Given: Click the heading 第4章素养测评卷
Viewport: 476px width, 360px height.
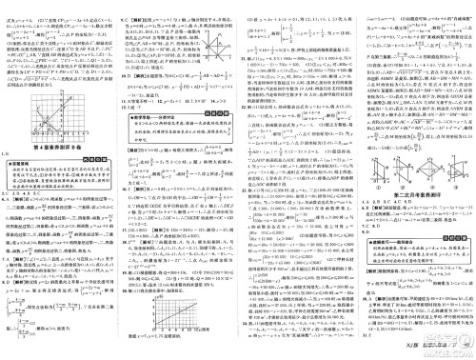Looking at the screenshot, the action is tap(57, 134).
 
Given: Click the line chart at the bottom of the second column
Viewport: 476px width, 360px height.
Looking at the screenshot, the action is tap(177, 309).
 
